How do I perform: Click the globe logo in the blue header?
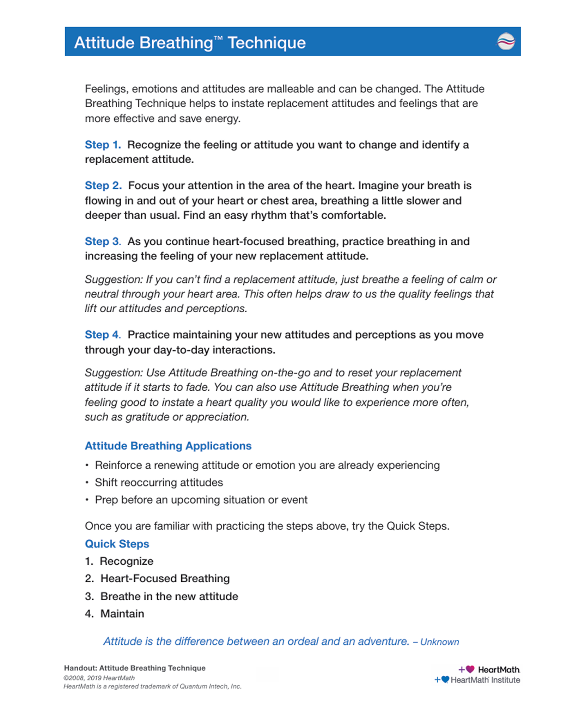coord(506,42)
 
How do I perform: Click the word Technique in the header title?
coord(267,43)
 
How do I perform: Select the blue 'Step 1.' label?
coord(103,145)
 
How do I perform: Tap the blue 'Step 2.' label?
coord(103,185)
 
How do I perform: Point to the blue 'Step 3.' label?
coord(103,241)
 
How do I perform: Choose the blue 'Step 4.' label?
coord(103,335)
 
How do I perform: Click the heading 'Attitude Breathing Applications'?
coord(168,446)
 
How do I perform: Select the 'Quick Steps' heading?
coord(117,544)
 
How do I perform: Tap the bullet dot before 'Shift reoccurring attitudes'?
coord(87,483)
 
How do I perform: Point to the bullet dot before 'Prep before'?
coord(87,500)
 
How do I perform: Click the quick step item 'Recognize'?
coord(126,561)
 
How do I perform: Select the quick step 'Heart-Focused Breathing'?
coord(165,578)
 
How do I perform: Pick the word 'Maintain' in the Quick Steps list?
coord(122,614)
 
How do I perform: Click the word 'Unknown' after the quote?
coord(439,642)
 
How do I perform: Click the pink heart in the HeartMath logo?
coord(470,669)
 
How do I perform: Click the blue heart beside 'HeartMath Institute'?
coord(445,679)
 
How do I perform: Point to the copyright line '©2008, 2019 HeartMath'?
coord(99,678)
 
